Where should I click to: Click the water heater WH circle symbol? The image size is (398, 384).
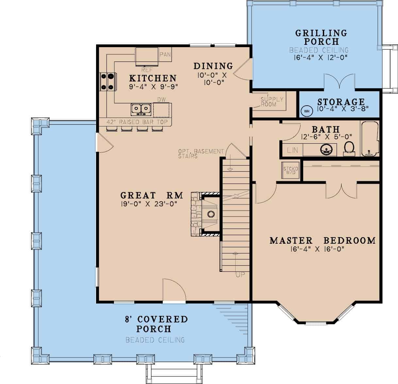pos(307,111)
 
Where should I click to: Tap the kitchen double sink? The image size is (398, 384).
pos(141,109)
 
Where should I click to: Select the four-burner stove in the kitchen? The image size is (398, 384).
pos(108,81)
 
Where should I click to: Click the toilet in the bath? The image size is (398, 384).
pos(349,148)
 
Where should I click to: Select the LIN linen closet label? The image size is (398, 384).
pos(292,150)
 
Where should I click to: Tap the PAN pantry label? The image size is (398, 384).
pos(165,54)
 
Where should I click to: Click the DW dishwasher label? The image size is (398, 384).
pos(161,100)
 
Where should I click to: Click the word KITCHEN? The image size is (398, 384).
pos(153,78)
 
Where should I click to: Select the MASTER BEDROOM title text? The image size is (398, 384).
pos(322,240)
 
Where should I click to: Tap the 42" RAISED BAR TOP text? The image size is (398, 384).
pos(137,122)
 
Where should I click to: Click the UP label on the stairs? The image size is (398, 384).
pos(240,275)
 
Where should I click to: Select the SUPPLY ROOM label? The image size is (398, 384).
pos(272,102)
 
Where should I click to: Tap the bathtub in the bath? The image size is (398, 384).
pos(370,139)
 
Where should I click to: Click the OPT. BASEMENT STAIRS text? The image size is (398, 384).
pos(201,154)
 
